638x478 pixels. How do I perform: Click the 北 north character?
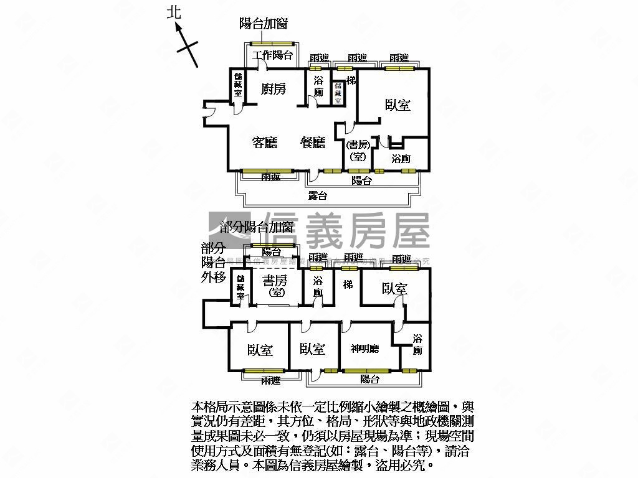point(173,12)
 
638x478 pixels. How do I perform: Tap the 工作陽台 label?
point(273,55)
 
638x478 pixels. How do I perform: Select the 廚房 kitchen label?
point(274,89)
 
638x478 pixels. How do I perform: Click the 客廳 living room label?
point(264,143)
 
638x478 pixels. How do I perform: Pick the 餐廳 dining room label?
point(313,143)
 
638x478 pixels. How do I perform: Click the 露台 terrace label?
point(318,195)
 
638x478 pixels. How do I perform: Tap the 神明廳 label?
point(364,349)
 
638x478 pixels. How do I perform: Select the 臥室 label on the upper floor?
point(398,105)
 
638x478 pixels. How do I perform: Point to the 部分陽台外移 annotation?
point(213,262)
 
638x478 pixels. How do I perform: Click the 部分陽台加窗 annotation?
point(256,226)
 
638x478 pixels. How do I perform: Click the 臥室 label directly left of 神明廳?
point(312,349)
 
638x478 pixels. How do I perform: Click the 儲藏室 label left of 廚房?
point(238,85)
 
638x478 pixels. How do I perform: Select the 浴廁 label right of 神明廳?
point(417,345)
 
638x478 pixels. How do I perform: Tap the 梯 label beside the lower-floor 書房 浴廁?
point(348,284)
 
